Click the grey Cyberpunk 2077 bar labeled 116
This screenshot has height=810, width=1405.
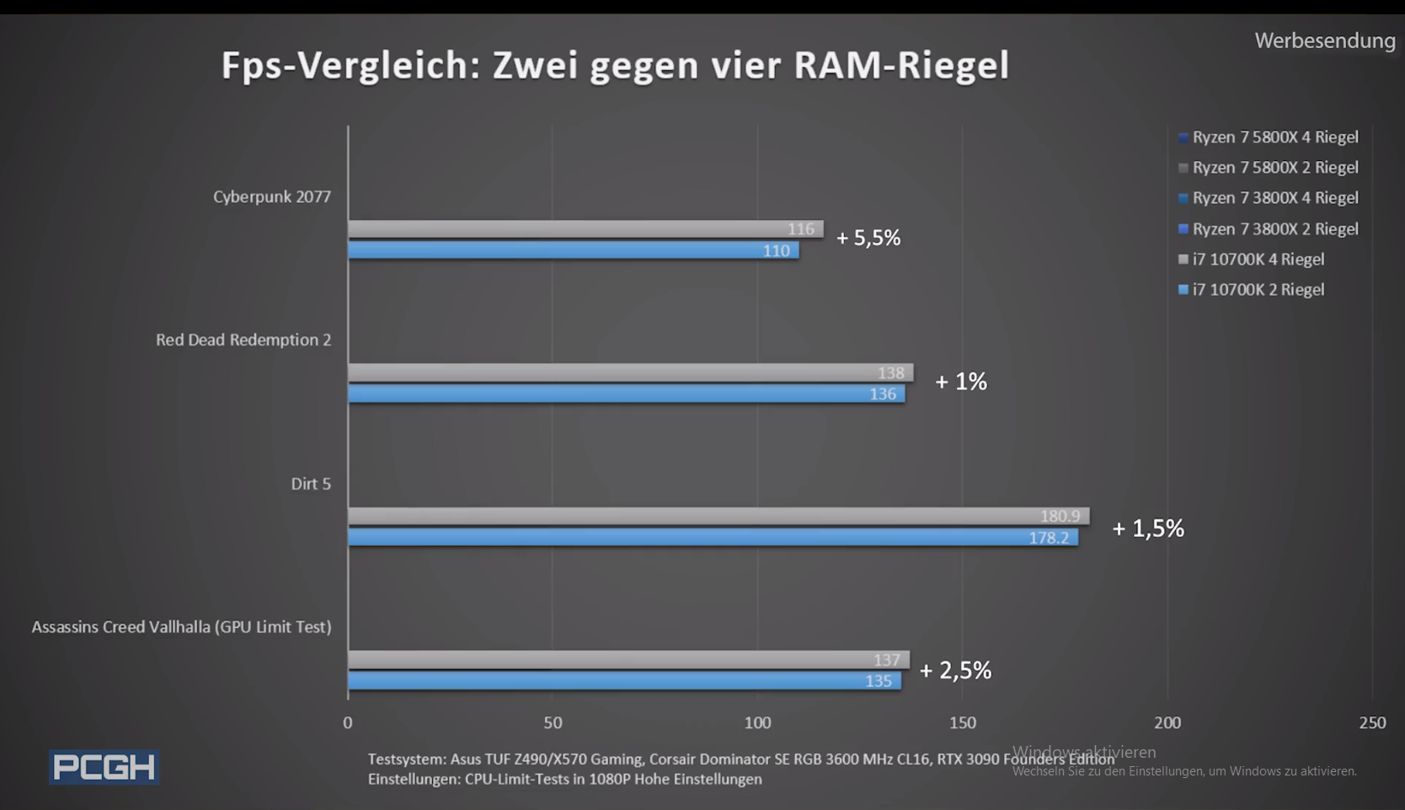click(585, 228)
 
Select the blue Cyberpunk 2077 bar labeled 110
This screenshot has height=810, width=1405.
click(573, 250)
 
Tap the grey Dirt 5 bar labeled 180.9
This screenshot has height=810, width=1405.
click(718, 516)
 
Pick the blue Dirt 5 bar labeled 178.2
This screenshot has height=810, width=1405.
click(712, 538)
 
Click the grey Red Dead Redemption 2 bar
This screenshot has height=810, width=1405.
click(630, 373)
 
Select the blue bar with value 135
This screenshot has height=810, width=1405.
click(623, 681)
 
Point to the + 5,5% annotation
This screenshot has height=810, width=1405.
click(868, 239)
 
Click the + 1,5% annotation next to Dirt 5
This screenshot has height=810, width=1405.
click(1148, 528)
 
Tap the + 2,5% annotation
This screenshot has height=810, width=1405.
click(955, 671)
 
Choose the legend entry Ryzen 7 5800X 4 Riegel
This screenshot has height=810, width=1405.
click(1274, 137)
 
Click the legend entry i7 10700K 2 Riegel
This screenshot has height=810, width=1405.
click(1258, 290)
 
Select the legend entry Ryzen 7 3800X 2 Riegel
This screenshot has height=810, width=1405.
click(1274, 229)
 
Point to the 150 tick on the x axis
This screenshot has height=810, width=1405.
click(963, 723)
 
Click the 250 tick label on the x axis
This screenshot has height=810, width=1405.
click(1372, 723)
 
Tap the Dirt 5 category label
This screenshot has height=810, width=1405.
click(311, 484)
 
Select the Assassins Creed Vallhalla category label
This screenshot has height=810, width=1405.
click(181, 627)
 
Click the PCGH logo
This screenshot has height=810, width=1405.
click(104, 767)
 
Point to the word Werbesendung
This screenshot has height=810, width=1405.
click(1324, 40)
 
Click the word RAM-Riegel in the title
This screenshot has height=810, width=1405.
click(901, 66)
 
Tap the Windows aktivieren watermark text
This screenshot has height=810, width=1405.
click(1084, 752)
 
